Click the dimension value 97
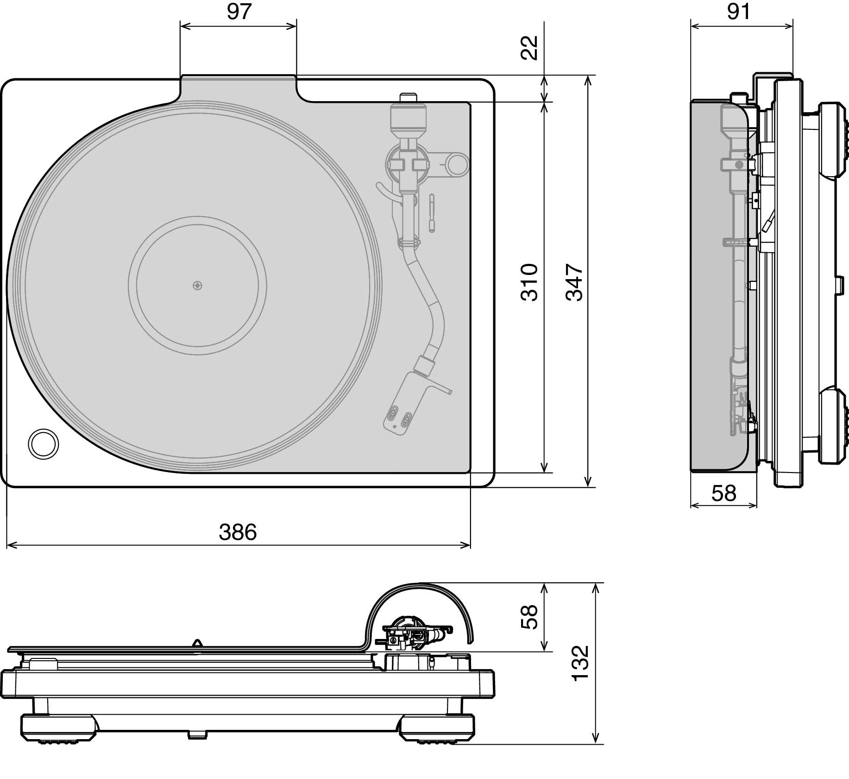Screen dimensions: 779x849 (x=239, y=12)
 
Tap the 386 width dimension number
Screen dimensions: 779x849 (x=238, y=532)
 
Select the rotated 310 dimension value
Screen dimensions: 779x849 (x=529, y=282)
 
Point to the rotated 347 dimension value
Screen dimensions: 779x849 (x=574, y=282)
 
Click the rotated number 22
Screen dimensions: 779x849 (x=529, y=48)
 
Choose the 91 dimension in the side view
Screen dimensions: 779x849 (x=738, y=12)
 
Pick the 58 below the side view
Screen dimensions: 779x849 (x=723, y=493)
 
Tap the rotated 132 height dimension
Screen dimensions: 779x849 (x=580, y=663)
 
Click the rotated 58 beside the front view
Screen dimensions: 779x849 (x=529, y=616)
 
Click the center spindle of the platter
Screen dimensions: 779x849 (x=198, y=285)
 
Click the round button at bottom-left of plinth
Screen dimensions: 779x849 (x=43, y=444)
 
